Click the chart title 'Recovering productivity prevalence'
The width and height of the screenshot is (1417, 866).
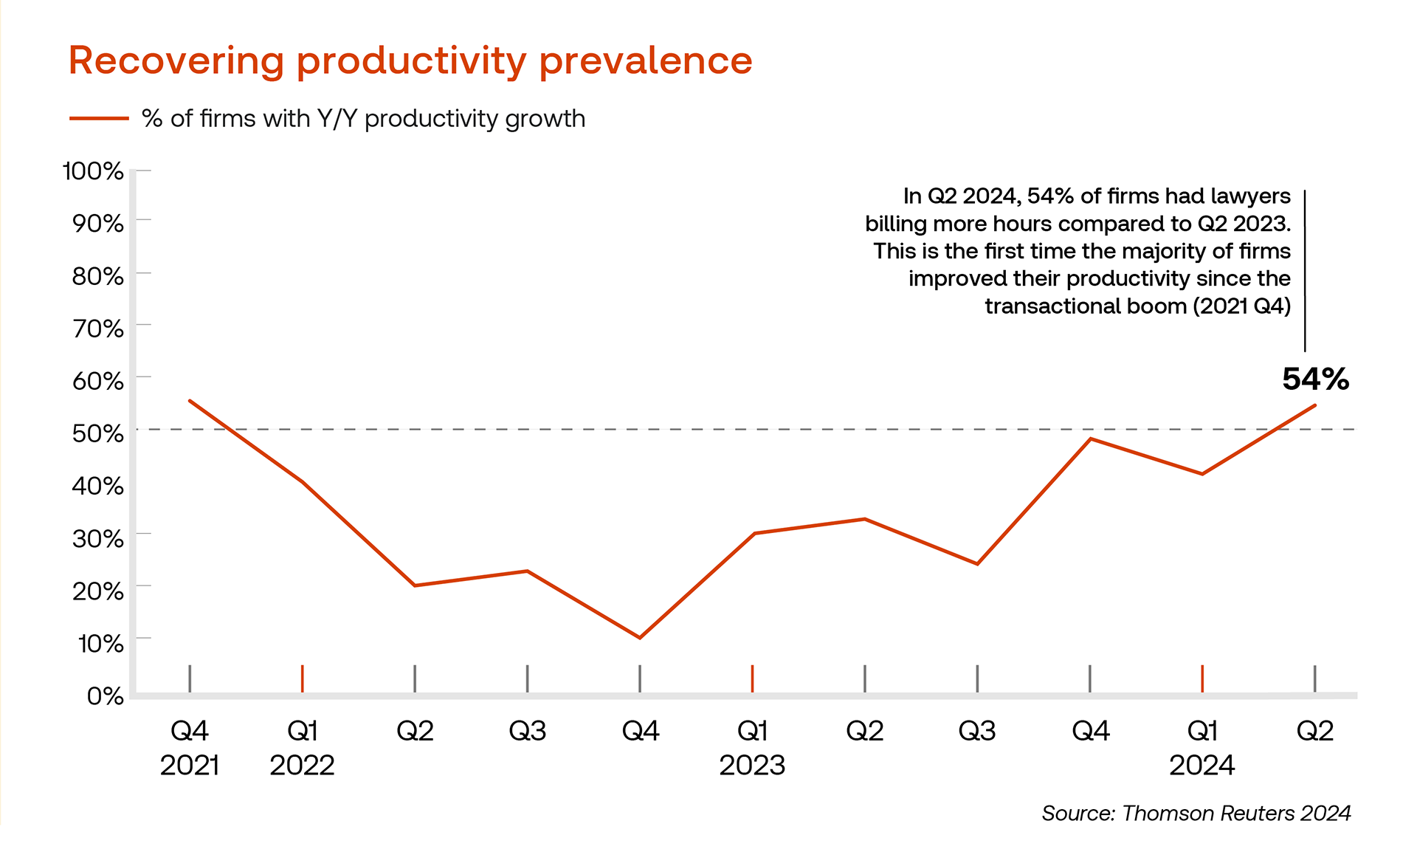click(410, 61)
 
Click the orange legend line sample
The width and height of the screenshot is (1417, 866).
click(99, 118)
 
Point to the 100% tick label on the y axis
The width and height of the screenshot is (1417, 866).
click(93, 171)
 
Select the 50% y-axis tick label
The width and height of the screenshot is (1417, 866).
click(97, 433)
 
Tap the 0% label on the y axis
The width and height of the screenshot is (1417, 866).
click(105, 696)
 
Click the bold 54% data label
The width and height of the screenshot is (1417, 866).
click(1315, 379)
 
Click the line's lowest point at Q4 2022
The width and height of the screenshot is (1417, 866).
click(640, 638)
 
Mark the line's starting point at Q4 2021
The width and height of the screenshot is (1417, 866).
click(190, 400)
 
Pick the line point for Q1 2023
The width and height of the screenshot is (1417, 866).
click(753, 533)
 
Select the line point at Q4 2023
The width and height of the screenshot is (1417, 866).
click(1090, 439)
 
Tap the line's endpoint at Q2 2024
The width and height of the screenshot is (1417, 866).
click(1315, 405)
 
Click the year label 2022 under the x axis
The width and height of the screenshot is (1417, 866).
click(302, 766)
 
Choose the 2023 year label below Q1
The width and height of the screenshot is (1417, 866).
click(752, 766)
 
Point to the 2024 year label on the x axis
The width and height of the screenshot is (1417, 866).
click(1201, 766)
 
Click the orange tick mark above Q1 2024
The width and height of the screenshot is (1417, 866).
click(1202, 678)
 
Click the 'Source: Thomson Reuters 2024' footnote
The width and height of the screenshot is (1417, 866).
click(1196, 814)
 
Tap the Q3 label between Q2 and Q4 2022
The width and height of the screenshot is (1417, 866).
click(527, 731)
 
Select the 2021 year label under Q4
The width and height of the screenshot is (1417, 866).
click(190, 766)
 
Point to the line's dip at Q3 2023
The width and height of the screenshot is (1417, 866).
click(977, 564)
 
